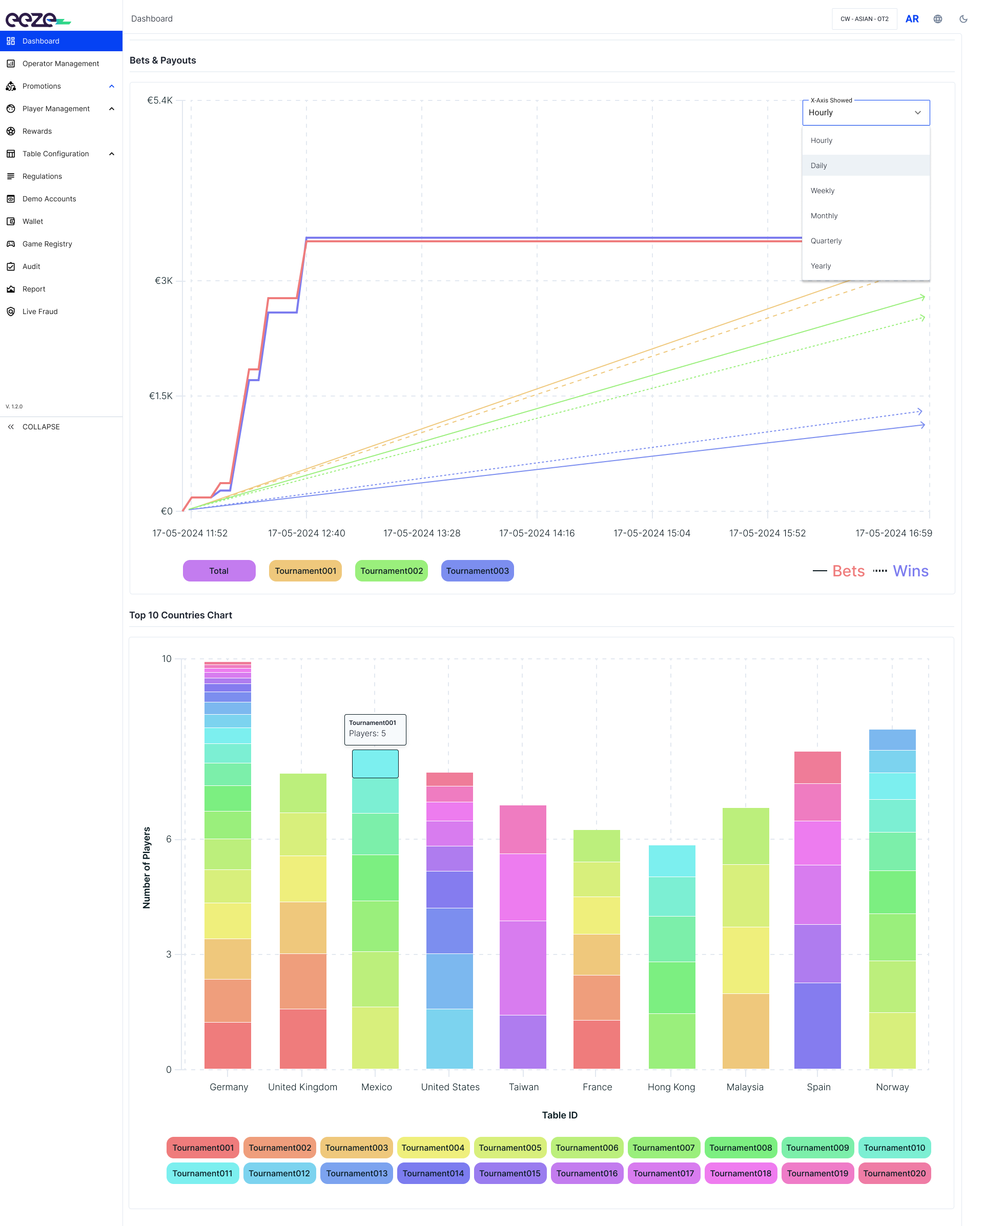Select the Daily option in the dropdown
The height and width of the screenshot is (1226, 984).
pos(866,165)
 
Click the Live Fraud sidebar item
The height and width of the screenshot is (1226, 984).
pos(40,311)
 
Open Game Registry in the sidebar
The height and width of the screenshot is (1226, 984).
pos(47,244)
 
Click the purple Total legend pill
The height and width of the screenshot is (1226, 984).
pos(219,571)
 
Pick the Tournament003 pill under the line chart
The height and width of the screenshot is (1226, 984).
pos(477,571)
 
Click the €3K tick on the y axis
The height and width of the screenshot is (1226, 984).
pos(164,281)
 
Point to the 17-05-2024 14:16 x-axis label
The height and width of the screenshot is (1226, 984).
pos(537,533)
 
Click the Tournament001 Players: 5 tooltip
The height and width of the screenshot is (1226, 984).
pos(375,730)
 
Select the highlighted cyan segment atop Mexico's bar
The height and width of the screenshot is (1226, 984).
pos(375,764)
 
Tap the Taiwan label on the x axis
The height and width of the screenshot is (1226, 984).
pos(523,1087)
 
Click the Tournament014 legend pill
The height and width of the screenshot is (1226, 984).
pos(433,1173)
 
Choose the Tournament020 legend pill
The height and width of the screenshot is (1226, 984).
pos(894,1173)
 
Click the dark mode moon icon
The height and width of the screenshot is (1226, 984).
pos(963,19)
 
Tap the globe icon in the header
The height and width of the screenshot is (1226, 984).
pos(937,19)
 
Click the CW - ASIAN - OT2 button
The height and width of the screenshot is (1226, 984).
pos(864,19)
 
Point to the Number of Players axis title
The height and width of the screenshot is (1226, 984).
pos(147,867)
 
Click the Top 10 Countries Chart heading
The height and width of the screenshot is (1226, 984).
pos(181,615)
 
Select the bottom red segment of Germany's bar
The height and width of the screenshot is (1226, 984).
pos(228,1045)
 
